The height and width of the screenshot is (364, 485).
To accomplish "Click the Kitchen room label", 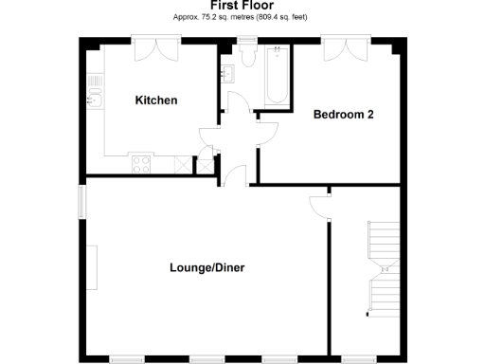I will click(x=156, y=100).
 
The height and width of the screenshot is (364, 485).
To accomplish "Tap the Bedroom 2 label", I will click(x=344, y=115).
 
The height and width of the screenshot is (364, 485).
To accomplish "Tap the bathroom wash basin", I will click(x=227, y=69).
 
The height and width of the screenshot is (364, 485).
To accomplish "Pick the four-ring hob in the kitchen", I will click(x=140, y=164).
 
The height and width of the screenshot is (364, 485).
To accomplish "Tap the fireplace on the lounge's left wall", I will click(x=95, y=268).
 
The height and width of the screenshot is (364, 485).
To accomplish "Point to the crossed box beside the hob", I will click(x=203, y=165).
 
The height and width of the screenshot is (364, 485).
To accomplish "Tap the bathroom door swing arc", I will click(x=267, y=133).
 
